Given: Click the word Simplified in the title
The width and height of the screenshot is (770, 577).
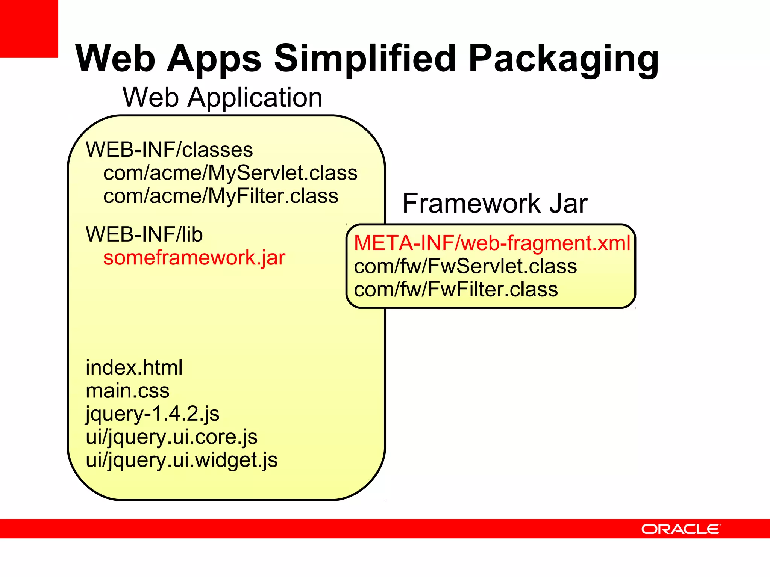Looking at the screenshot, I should pyautogui.click(x=365, y=58).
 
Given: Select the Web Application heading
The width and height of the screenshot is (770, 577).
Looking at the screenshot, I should pyautogui.click(x=223, y=97).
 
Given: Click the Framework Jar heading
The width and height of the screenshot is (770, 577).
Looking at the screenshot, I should pyautogui.click(x=494, y=203).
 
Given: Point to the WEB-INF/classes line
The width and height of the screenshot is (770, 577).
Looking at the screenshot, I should pyautogui.click(x=169, y=150).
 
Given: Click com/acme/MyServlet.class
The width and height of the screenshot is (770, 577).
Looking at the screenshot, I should pyautogui.click(x=230, y=173).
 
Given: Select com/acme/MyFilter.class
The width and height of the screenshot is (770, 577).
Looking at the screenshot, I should pyautogui.click(x=221, y=196).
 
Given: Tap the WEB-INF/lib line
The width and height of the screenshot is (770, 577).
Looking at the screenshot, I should pyautogui.click(x=144, y=234).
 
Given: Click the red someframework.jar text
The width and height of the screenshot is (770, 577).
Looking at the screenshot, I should pyautogui.click(x=194, y=258).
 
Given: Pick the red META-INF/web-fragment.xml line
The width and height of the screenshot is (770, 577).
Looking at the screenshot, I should pyautogui.click(x=492, y=243).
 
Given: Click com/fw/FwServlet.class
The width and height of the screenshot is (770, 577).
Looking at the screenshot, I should pyautogui.click(x=465, y=266).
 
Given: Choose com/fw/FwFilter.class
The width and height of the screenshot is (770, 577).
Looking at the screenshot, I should pyautogui.click(x=456, y=289).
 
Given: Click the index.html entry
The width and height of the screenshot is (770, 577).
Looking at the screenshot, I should pyautogui.click(x=134, y=367).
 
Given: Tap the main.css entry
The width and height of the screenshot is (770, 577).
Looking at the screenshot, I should pyautogui.click(x=127, y=391).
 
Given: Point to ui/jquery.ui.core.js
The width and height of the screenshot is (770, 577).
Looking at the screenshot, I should pyautogui.click(x=171, y=437).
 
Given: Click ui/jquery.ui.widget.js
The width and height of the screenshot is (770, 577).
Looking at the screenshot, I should pyautogui.click(x=182, y=460).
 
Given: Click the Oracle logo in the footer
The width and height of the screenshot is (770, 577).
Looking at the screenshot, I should pyautogui.click(x=681, y=529).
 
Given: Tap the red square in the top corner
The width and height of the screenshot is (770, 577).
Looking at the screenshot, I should pyautogui.click(x=29, y=29).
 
